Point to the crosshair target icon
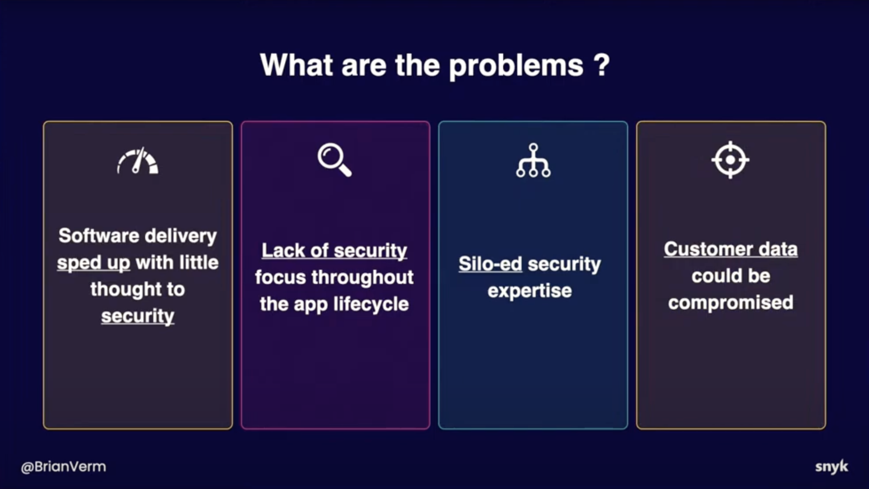pyautogui.click(x=731, y=159)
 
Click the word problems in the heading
pyautogui.click(x=516, y=66)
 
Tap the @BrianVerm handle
pyautogui.click(x=63, y=467)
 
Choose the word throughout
pyautogui.click(x=362, y=277)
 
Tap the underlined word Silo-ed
pyautogui.click(x=490, y=264)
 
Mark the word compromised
pyautogui.click(x=731, y=303)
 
